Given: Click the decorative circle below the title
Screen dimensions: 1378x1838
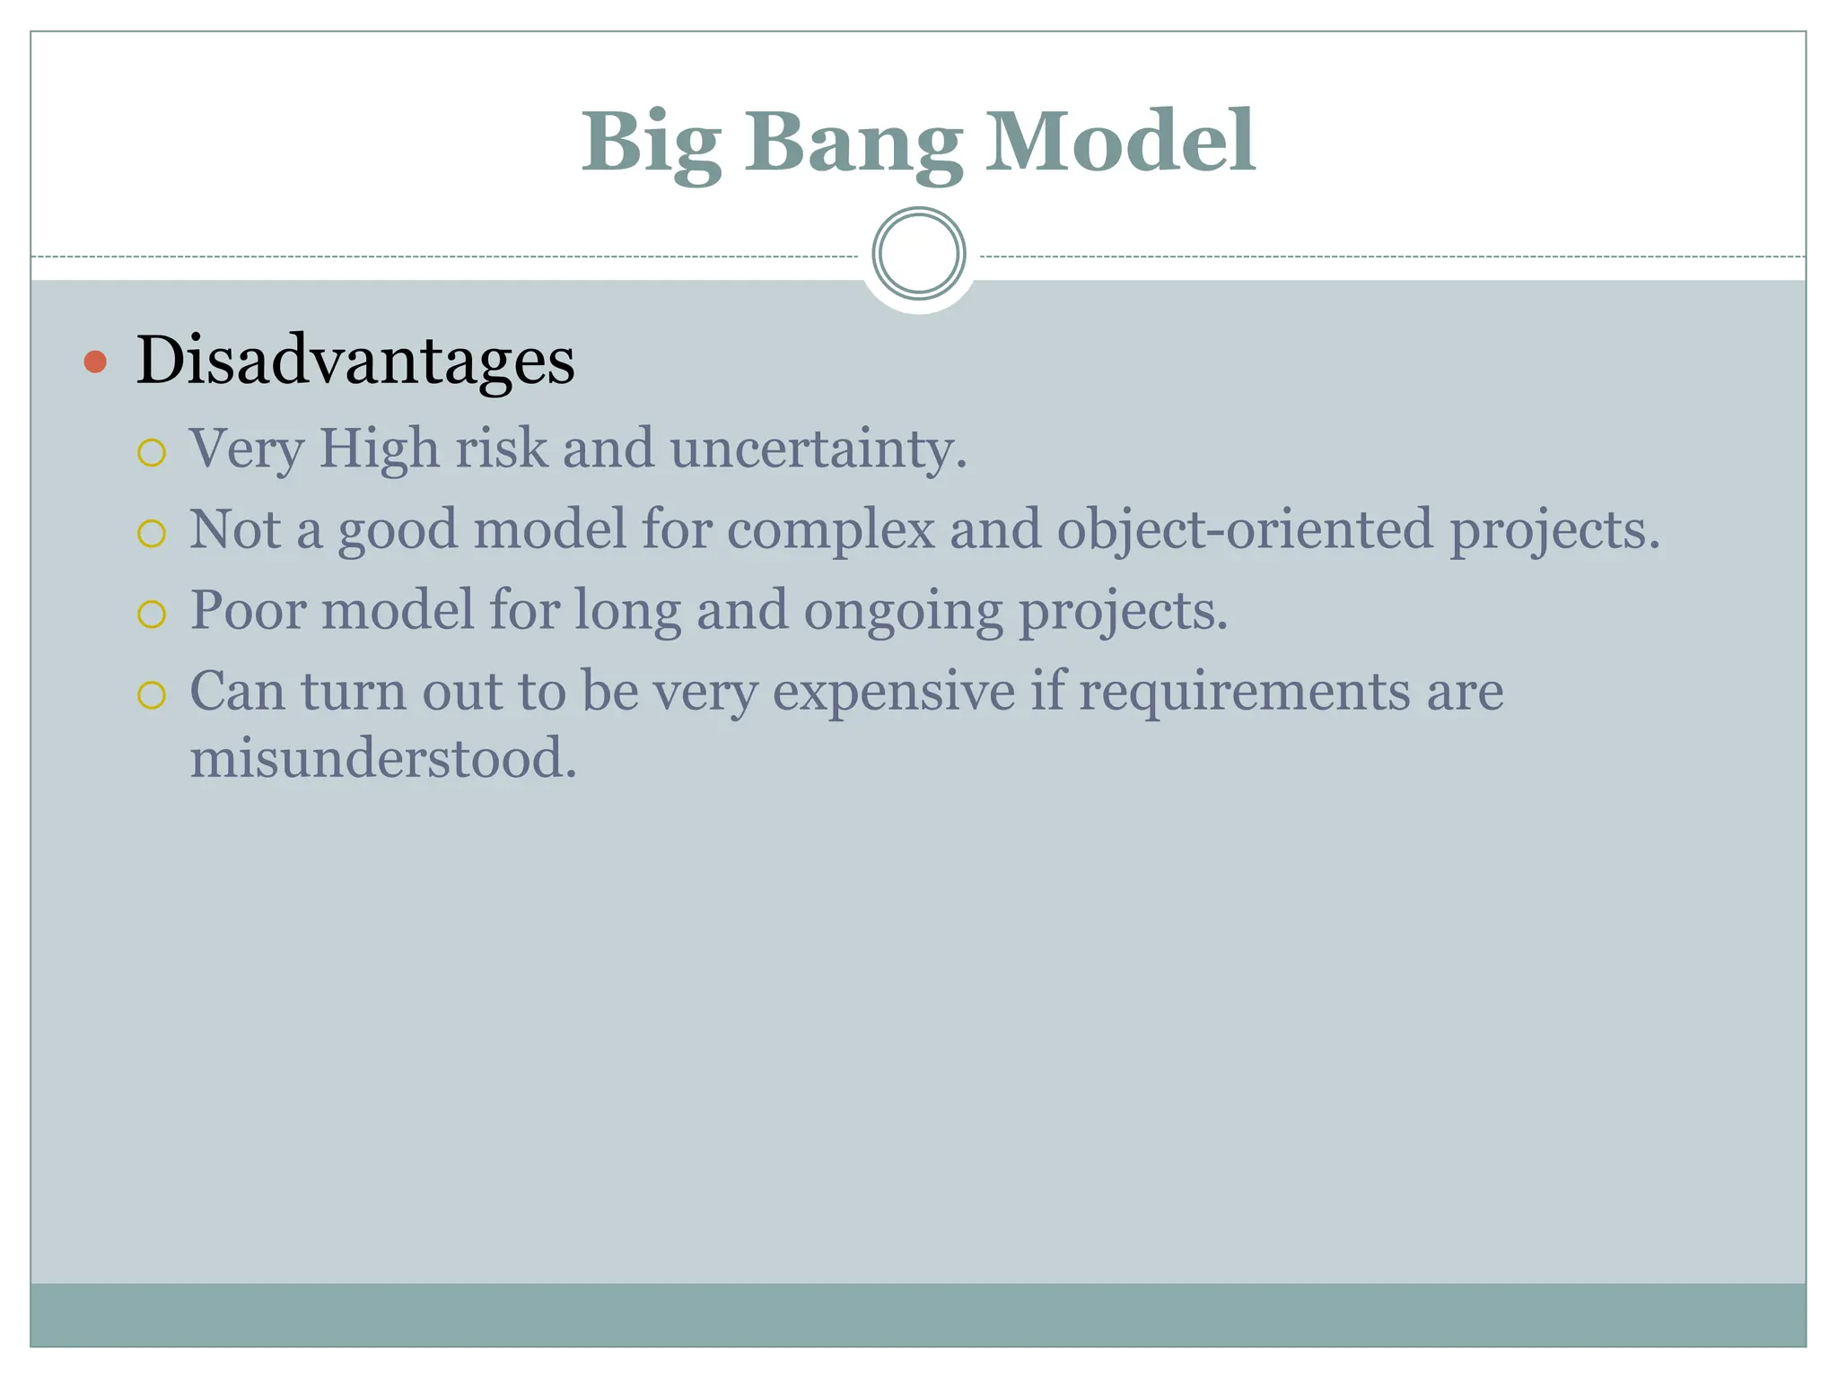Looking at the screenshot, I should click(x=918, y=253).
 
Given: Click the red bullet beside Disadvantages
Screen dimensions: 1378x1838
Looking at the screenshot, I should click(x=95, y=362).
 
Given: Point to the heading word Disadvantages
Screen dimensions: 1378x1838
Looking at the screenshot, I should click(x=355, y=361).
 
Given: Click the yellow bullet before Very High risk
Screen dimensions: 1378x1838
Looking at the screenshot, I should click(x=152, y=453).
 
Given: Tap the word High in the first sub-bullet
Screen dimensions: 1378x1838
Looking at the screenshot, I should click(x=379, y=448).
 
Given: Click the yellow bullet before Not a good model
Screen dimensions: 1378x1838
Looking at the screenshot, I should click(x=152, y=534).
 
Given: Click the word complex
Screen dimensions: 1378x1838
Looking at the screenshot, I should click(x=830, y=530).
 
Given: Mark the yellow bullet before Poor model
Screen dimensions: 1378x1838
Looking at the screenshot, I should click(x=152, y=615).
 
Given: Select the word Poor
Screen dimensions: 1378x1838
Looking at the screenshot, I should click(x=248, y=610).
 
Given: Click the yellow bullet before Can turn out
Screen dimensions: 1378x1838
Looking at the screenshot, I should click(x=152, y=695).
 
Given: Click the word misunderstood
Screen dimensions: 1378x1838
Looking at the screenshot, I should click(x=382, y=758).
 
